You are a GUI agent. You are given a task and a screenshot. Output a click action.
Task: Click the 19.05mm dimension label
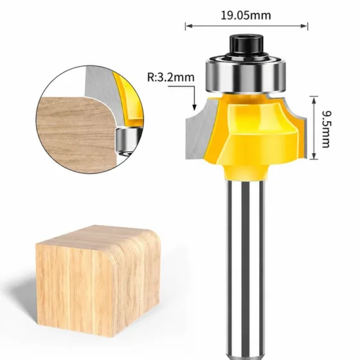click(x=246, y=15)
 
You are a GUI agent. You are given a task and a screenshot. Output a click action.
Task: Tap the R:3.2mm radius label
click(x=170, y=77)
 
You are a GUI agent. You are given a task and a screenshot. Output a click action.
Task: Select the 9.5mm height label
click(x=327, y=129)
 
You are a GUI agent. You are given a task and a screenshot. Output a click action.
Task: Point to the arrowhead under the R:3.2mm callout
click(x=194, y=107)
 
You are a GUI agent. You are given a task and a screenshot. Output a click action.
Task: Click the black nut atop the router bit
click(x=246, y=45)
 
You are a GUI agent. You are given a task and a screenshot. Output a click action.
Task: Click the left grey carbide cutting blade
click(x=200, y=129)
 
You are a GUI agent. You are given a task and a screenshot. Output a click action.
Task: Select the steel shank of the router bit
click(x=246, y=269)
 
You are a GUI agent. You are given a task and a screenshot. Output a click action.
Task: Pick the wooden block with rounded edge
click(x=98, y=280)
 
